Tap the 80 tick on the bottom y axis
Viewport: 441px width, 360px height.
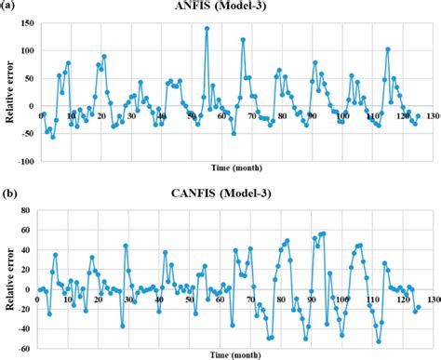(30, 208)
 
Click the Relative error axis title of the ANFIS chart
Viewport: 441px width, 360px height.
(7, 91)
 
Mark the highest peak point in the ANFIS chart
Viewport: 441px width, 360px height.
(207, 28)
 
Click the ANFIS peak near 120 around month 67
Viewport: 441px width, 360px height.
(243, 39)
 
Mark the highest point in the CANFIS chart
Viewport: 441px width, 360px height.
(324, 233)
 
